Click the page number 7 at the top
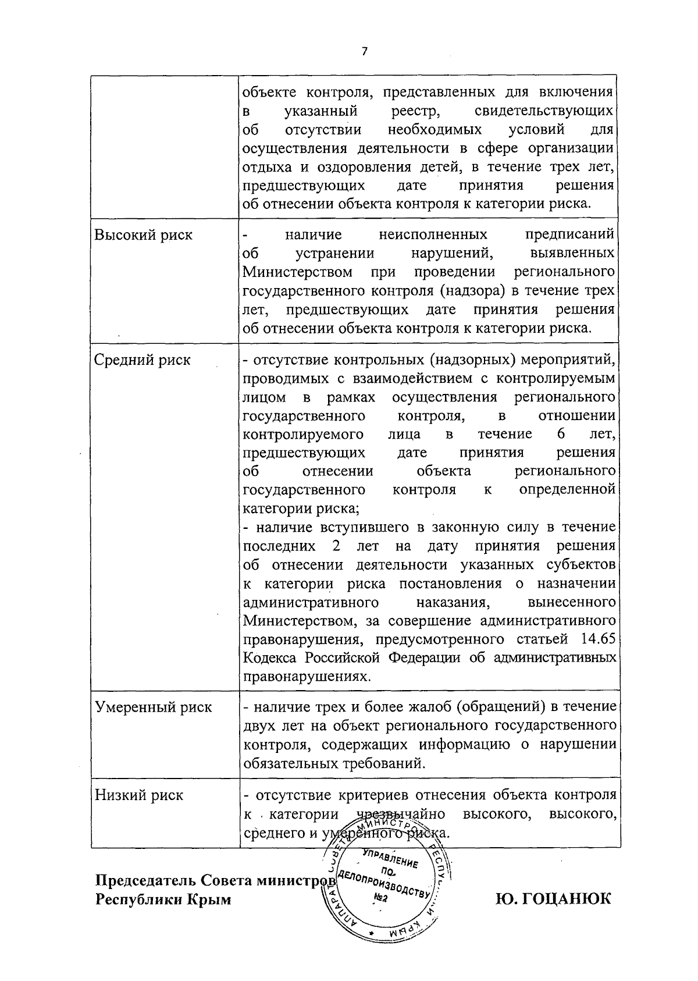click(365, 52)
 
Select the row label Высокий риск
click(143, 235)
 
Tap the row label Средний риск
click(143, 360)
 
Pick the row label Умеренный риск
click(154, 708)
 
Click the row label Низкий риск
click(139, 795)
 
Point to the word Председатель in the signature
click(143, 880)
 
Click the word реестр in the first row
click(410, 111)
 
